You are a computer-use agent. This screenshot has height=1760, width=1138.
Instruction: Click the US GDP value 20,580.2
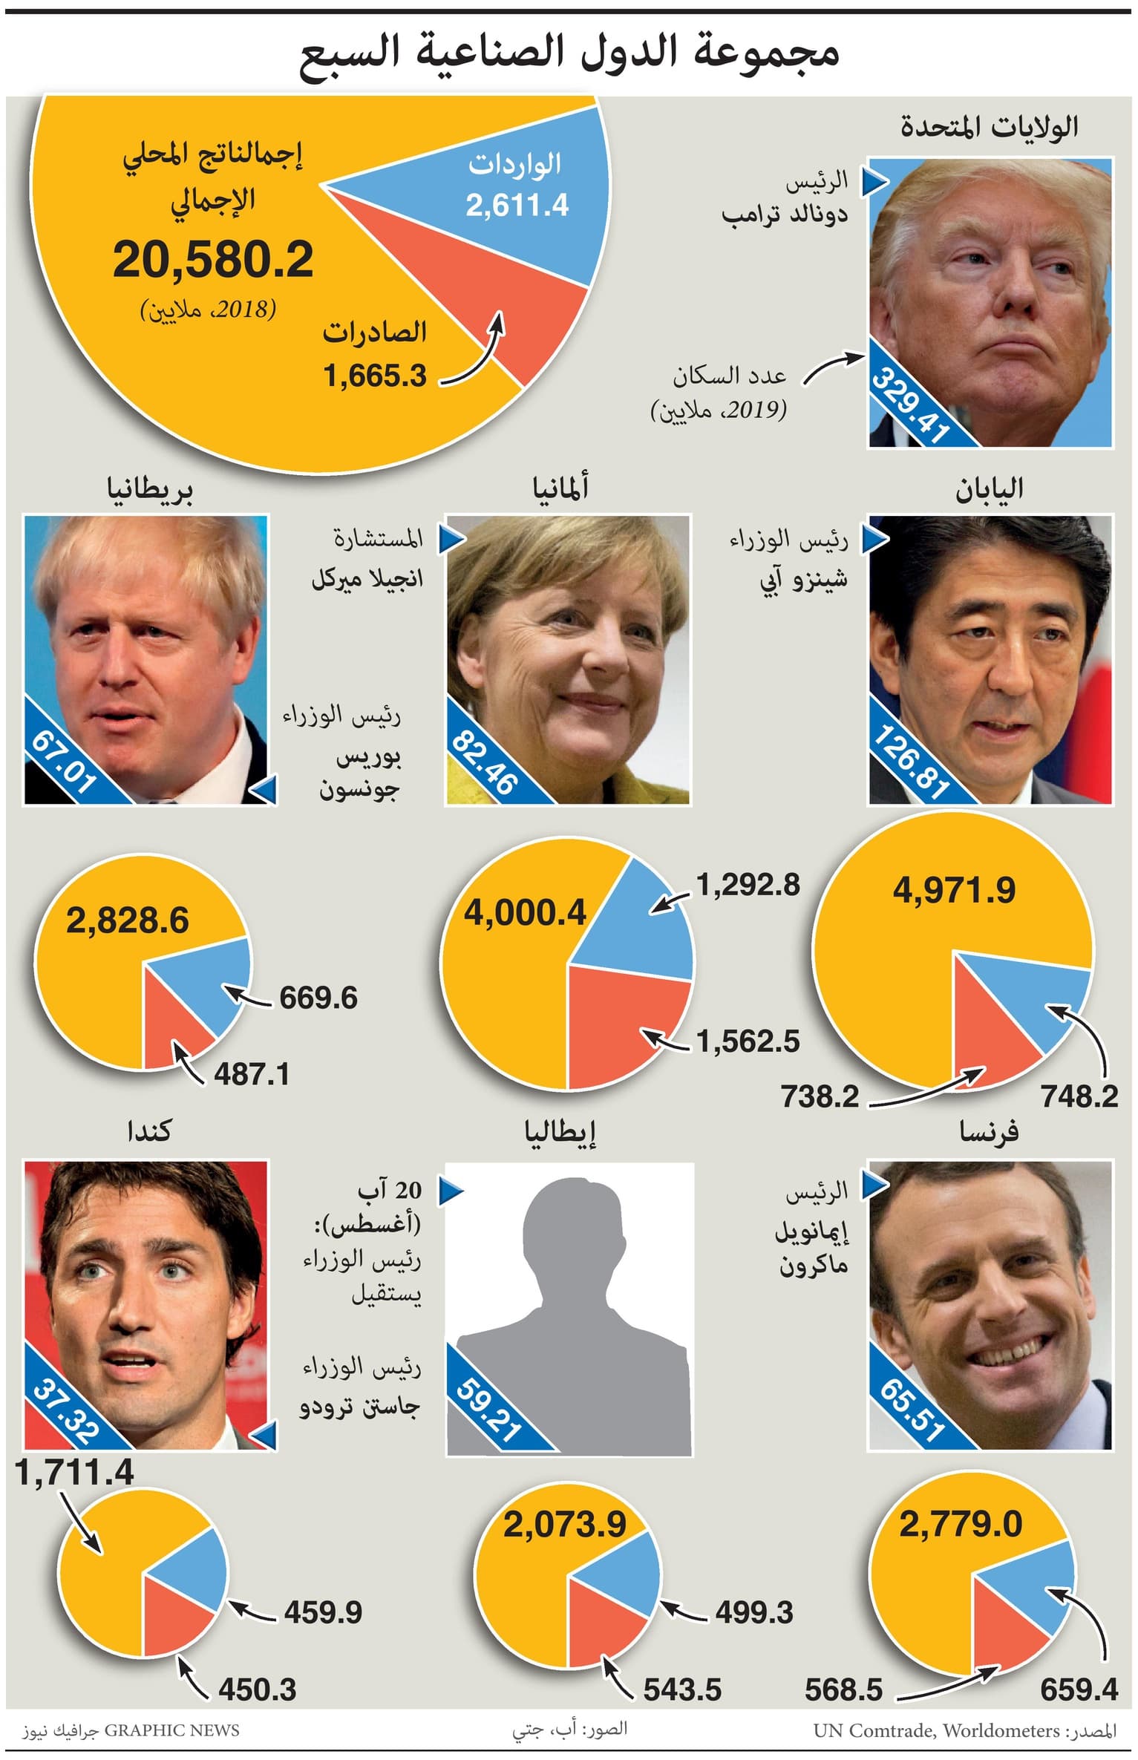click(213, 261)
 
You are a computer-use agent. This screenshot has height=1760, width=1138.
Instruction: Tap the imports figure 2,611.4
click(517, 206)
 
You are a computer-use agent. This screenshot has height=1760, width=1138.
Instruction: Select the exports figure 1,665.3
click(375, 376)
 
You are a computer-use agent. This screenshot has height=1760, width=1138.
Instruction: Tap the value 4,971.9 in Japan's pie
click(954, 890)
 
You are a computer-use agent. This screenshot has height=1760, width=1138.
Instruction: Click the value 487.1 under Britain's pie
click(252, 1074)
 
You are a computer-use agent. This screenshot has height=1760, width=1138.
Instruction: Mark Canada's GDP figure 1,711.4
click(74, 1473)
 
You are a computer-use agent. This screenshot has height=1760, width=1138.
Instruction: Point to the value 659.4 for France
click(1079, 1689)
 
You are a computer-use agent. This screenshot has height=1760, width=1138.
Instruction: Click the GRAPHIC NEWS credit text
click(171, 1730)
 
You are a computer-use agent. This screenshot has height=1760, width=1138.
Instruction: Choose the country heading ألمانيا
click(560, 488)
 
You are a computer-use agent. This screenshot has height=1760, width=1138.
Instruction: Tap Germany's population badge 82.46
click(484, 762)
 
